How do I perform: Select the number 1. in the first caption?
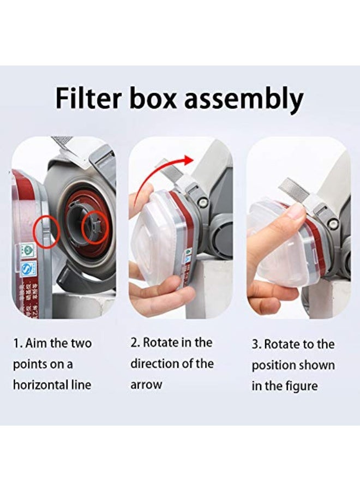point(17,344)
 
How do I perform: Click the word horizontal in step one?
point(38,385)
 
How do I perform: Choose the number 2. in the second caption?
point(135,343)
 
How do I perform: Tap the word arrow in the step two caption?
point(146,385)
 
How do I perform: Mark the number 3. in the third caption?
point(256,345)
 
